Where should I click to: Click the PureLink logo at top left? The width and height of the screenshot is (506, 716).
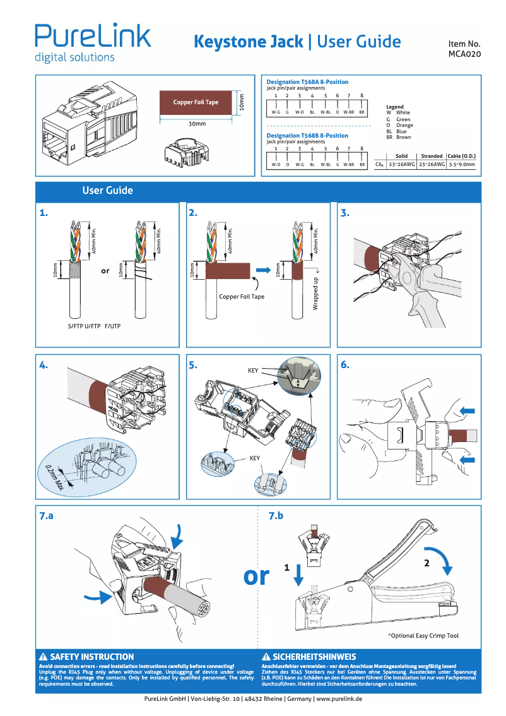click(x=92, y=42)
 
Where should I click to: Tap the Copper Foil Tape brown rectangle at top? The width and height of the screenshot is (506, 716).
click(x=196, y=102)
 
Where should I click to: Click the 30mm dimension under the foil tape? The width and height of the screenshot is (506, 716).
click(x=197, y=124)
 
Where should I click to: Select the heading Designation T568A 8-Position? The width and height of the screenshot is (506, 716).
click(x=307, y=82)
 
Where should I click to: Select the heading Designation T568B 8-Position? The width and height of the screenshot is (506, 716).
click(x=307, y=136)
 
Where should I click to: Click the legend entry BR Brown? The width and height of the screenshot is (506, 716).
click(x=399, y=137)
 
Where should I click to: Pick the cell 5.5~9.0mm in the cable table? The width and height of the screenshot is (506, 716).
click(x=462, y=164)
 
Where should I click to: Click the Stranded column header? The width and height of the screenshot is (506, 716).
click(x=432, y=156)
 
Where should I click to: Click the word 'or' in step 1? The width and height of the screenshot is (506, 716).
click(x=105, y=271)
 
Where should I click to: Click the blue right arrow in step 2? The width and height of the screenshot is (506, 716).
click(x=266, y=270)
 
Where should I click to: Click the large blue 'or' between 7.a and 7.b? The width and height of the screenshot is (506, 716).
click(x=256, y=575)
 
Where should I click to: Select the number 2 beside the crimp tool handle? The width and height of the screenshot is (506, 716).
click(x=427, y=564)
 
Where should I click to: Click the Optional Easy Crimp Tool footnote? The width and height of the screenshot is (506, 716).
click(x=423, y=636)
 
